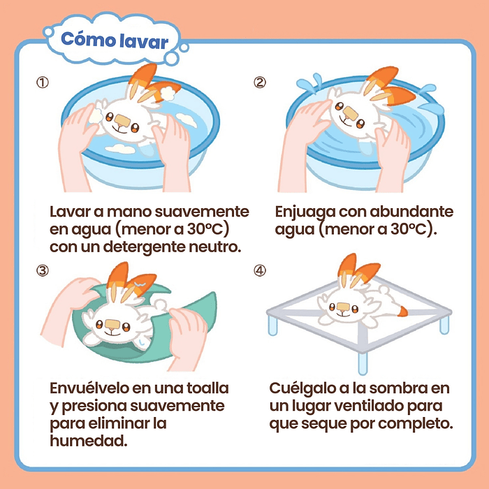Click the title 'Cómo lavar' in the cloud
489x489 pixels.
(x=115, y=41)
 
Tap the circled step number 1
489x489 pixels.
(x=43, y=82)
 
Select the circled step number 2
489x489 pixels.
(x=259, y=82)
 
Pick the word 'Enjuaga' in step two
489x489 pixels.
(x=306, y=211)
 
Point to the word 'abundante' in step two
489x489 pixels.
(x=414, y=211)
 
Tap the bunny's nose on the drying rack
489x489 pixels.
(x=343, y=306)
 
